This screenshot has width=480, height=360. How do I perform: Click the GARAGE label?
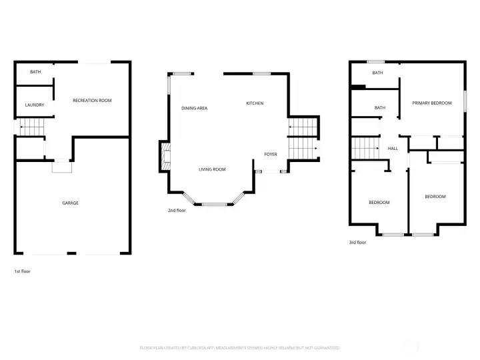point(70,203)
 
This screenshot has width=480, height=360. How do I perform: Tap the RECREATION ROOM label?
point(92,101)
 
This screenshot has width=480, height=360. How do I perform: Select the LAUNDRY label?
point(35,105)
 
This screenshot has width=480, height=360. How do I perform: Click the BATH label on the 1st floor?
point(35,72)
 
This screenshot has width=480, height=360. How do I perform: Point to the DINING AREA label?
point(194,107)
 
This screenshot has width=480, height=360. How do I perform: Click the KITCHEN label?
point(255,103)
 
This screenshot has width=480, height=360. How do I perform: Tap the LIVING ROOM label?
point(212,169)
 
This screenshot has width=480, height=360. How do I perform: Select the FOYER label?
point(270,154)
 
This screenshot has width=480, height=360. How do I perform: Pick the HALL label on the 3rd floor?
point(393,148)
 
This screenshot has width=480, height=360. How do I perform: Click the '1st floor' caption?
point(22,271)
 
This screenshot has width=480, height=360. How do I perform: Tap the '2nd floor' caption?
point(177,210)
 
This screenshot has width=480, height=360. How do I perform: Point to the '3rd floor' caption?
point(357,243)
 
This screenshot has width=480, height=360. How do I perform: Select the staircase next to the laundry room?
point(30,127)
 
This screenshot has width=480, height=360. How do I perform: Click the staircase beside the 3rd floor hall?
point(363,149)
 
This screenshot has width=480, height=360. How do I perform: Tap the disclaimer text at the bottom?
point(240,348)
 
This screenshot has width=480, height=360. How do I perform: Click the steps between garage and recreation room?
point(61,167)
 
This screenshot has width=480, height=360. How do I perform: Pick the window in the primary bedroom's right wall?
point(464,101)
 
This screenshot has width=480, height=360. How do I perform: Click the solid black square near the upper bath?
point(358,86)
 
